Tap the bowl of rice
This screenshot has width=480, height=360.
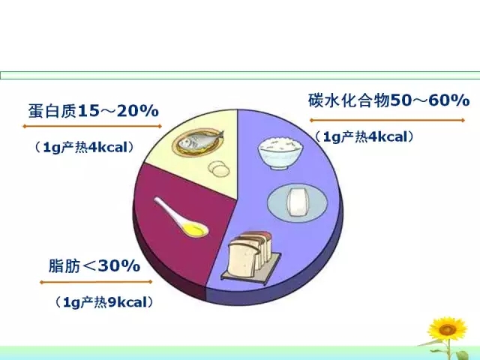(280, 152)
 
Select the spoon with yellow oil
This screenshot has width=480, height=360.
(181, 217)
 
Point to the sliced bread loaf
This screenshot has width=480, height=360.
(250, 254)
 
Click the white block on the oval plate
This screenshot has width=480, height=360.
(298, 202)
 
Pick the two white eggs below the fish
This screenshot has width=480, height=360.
(218, 168)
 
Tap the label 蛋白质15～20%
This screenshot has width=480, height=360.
(93, 111)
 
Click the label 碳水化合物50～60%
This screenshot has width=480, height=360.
(388, 100)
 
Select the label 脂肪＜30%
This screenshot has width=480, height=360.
(94, 265)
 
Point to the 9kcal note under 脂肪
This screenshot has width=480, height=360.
(104, 302)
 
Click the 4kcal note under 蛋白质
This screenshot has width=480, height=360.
(85, 147)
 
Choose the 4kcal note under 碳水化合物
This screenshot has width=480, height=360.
(364, 136)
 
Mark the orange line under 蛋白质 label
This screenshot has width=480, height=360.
(92, 126)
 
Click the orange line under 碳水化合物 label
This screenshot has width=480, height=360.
(387, 120)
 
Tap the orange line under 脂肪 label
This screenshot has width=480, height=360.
(96, 282)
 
